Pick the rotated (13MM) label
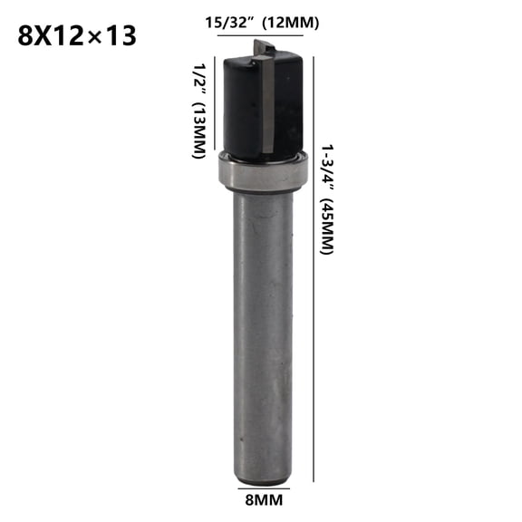[x=197, y=130]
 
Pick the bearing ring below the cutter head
[x=262, y=170]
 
